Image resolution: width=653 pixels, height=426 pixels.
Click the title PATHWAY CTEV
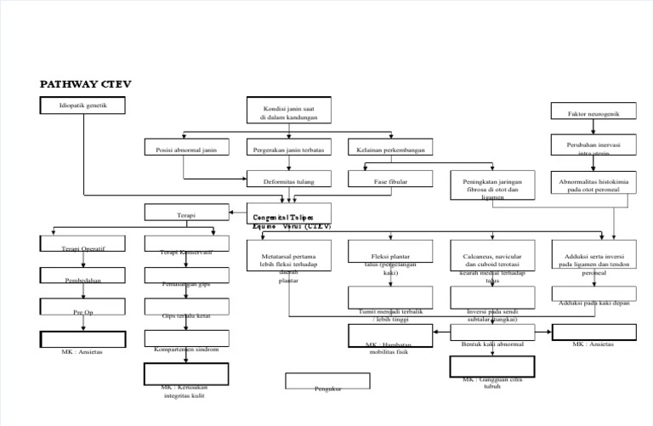tap(86, 84)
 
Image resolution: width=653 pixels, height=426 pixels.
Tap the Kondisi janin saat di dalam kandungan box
tap(289, 111)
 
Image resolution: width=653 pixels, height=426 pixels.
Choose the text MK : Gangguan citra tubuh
tap(492, 382)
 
